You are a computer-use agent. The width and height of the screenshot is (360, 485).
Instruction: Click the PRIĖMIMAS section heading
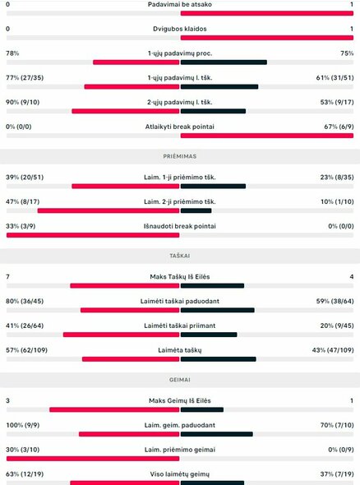pyautogui.click(x=180, y=155)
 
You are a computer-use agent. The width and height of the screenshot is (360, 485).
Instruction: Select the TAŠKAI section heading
pyautogui.click(x=180, y=256)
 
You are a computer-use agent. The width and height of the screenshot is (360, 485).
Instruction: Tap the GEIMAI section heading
pyautogui.click(x=180, y=381)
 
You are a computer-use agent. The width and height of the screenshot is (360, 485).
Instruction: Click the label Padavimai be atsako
pyautogui.click(x=180, y=4)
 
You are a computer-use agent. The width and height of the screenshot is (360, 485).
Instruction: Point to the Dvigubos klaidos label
pyautogui.click(x=180, y=29)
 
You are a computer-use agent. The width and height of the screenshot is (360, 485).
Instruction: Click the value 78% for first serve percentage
pyautogui.click(x=12, y=53)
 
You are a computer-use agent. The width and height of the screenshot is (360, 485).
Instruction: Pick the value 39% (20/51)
pyautogui.click(x=26, y=177)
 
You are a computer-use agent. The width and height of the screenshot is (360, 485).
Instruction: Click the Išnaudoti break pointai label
pyautogui.click(x=180, y=226)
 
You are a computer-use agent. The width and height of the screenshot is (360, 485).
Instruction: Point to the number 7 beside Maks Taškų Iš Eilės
pyautogui.click(x=7, y=277)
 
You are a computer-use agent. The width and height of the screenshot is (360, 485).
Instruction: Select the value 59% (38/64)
pyautogui.click(x=335, y=301)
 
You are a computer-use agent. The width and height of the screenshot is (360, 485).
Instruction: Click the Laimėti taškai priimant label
pyautogui.click(x=180, y=326)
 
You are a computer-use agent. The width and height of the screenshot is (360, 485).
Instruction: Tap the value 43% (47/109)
pyautogui.click(x=332, y=350)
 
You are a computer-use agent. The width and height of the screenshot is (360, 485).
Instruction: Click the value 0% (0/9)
pyautogui.click(x=339, y=450)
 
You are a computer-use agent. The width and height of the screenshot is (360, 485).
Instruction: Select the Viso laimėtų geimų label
pyautogui.click(x=180, y=474)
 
